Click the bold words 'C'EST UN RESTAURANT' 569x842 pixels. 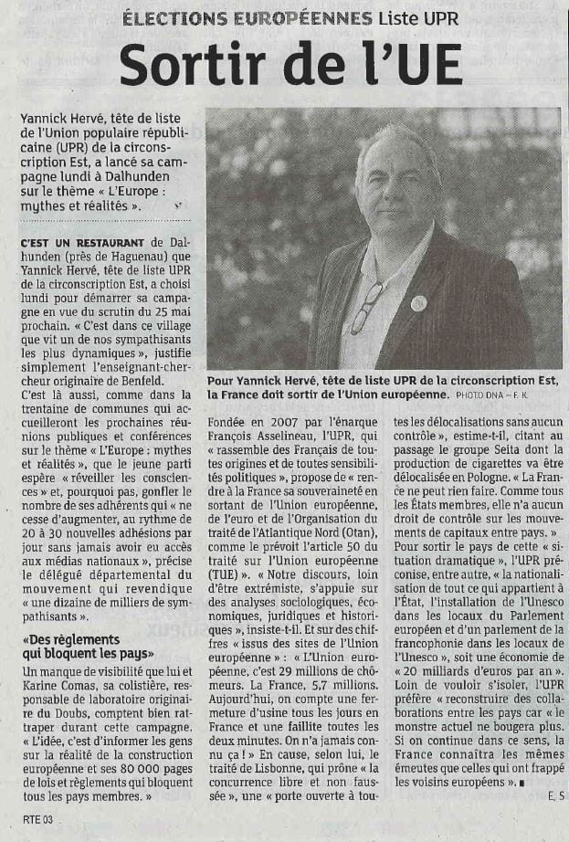point(80,242)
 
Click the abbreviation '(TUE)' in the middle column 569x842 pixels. point(224,576)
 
